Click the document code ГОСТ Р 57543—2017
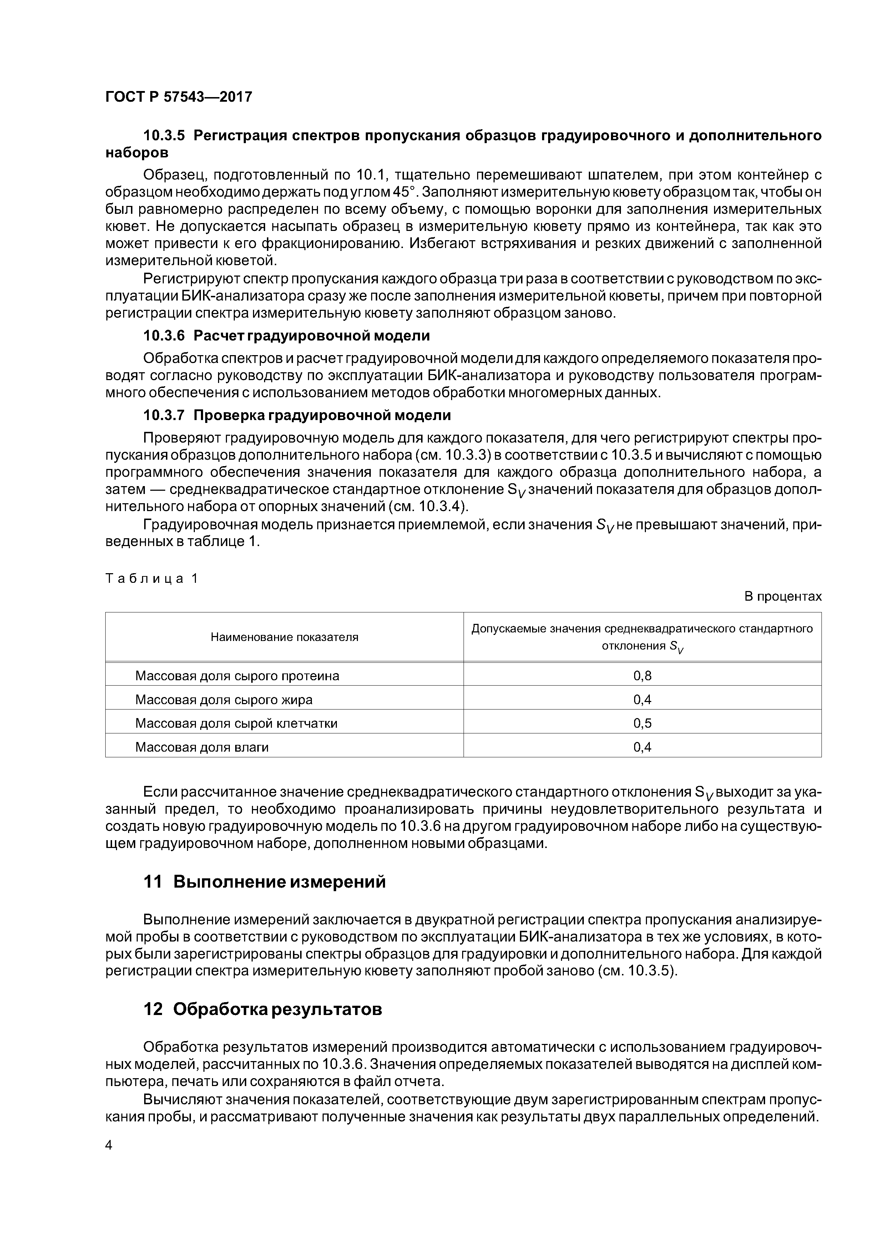(x=178, y=97)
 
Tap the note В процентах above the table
(x=783, y=596)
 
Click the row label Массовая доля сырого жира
(x=223, y=700)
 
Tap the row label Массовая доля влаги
(x=202, y=747)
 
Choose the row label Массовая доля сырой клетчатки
(x=236, y=723)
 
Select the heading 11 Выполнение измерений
(x=264, y=882)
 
